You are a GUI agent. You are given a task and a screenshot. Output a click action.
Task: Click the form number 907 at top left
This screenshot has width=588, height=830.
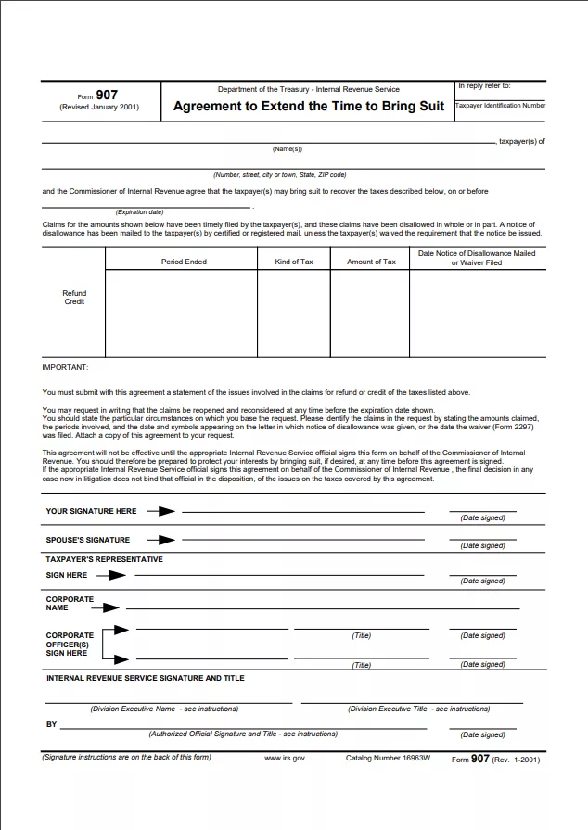[107, 95]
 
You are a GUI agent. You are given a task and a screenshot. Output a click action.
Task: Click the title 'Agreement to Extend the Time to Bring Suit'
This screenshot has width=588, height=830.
[309, 106]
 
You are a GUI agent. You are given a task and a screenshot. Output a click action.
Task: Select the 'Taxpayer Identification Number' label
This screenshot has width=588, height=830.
[500, 106]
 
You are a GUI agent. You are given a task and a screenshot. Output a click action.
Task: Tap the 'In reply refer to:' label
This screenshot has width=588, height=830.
[484, 86]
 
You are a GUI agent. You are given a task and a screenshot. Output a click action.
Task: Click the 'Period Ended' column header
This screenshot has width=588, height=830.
[184, 262]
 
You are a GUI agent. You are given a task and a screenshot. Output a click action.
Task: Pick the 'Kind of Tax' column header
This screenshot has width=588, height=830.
[294, 262]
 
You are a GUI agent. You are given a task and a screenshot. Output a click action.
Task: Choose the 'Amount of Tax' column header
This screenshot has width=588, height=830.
[371, 262]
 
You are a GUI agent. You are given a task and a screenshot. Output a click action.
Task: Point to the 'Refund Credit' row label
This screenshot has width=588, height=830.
[74, 298]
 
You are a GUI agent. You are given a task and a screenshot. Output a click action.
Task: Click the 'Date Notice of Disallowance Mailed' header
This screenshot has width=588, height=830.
[477, 253]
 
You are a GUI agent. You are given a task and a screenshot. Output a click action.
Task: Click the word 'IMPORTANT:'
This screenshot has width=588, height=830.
[65, 367]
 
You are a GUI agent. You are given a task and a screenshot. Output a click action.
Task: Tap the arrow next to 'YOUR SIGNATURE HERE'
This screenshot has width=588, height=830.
[160, 511]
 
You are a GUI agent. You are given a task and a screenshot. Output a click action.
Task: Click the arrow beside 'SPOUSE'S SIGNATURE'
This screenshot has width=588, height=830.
[160, 540]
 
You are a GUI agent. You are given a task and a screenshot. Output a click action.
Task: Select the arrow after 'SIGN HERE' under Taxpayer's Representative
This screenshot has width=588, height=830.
[111, 575]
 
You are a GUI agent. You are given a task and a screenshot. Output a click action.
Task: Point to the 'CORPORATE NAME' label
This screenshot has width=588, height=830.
[70, 603]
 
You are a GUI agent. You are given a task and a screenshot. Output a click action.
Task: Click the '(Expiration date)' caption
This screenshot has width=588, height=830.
[139, 212]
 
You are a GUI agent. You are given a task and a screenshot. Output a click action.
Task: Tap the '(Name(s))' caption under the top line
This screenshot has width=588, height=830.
[287, 149]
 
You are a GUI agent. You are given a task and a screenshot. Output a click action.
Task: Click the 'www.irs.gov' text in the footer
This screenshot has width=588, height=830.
[285, 758]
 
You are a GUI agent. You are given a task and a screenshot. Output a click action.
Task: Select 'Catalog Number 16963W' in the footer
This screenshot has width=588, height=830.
[388, 758]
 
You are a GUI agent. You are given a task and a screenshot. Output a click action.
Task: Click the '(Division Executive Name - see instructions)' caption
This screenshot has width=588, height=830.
[164, 709]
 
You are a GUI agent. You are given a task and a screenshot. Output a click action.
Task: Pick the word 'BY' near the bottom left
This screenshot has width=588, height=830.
[51, 724]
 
